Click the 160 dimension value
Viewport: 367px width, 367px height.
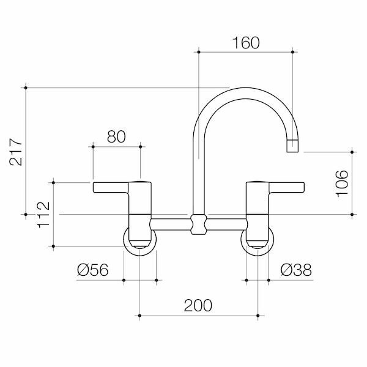pyautogui.click(x=246, y=43)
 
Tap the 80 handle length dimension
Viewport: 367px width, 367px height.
pyautogui.click(x=116, y=136)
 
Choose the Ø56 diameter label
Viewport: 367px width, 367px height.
pyautogui.click(x=93, y=270)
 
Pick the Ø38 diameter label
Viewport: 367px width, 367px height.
pyautogui.click(x=296, y=270)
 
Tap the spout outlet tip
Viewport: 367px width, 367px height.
pyautogui.click(x=293, y=147)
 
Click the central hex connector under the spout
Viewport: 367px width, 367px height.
pyautogui.click(x=197, y=224)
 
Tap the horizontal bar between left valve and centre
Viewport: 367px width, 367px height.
pyautogui.click(x=170, y=224)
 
